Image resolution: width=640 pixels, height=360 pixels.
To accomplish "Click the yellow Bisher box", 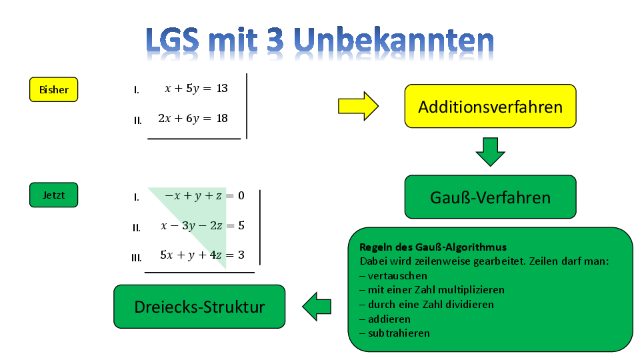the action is coord(53,89).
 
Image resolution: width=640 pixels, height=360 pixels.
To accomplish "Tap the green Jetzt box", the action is coord(53,195).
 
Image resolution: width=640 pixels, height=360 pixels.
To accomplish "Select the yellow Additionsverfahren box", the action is coord(490,106).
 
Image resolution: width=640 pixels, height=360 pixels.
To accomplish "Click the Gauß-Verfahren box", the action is coord(490,197).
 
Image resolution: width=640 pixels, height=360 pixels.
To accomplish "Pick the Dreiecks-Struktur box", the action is coord(199,307).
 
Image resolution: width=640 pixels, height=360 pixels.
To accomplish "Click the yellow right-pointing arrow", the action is coord(359,106).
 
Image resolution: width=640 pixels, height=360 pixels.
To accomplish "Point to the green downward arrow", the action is coord(490,152).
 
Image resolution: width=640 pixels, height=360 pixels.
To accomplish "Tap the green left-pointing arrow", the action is coord(317,307).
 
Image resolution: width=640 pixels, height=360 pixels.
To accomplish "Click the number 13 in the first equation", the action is coord(222,88).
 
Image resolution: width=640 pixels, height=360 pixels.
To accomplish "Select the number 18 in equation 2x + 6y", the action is coord(222,119).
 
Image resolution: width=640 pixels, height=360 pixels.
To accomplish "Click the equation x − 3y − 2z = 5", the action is coord(203,226).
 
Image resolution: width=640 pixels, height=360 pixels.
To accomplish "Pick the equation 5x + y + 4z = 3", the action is coord(203,255).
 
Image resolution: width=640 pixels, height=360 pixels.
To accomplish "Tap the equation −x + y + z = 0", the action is coord(204,196).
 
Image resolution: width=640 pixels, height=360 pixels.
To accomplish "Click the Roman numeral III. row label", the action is coord(136,258).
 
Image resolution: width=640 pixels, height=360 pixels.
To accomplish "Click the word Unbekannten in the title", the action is coord(393,40).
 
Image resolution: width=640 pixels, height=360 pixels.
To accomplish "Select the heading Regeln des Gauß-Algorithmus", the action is coord(433,247).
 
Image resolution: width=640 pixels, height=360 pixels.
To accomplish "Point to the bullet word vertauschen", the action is coord(397,276).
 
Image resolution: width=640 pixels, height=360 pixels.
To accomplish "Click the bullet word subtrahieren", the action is coord(399,333).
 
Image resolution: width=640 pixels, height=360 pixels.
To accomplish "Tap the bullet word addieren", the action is coord(389,319).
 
